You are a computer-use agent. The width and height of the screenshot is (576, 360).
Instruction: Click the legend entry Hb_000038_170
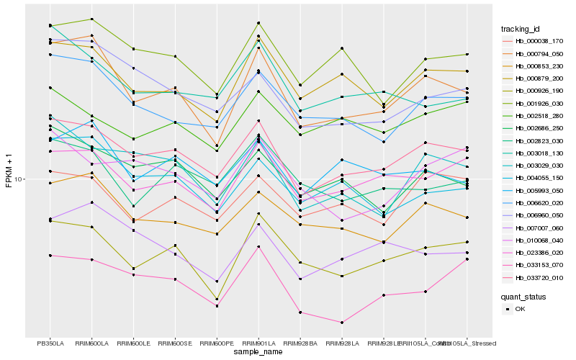click(533, 41)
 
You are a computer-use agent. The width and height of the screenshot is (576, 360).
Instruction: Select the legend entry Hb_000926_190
click(533, 91)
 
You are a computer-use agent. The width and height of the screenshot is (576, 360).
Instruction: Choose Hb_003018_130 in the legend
click(533, 153)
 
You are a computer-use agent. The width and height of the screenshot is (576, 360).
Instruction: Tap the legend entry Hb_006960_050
click(533, 215)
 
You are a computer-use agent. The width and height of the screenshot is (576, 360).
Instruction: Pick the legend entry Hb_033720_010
click(533, 277)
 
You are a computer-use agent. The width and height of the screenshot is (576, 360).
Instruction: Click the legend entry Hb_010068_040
click(533, 240)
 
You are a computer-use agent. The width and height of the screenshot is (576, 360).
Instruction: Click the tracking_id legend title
click(521, 29)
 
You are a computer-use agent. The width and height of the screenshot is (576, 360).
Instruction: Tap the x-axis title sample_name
click(258, 352)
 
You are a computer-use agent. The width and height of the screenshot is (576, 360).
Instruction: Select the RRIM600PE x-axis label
click(216, 343)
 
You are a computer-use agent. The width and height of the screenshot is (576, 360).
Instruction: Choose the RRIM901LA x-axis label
click(258, 343)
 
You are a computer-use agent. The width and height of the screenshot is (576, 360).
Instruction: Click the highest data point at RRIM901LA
click(258, 23)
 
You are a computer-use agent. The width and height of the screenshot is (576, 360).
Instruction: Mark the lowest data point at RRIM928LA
click(341, 323)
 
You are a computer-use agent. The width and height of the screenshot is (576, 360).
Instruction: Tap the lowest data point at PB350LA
click(50, 256)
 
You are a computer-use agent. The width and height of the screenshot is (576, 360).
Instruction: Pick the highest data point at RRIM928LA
click(341, 48)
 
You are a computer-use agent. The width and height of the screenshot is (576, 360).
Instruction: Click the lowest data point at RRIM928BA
click(300, 312)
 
